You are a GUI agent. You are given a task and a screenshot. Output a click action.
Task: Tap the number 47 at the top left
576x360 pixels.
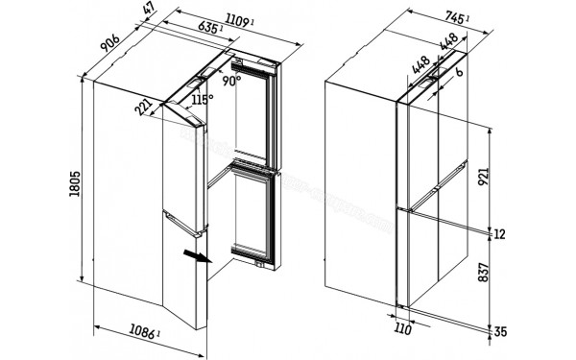(149, 12)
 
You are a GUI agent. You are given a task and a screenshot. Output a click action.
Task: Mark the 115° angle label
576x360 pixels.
(201, 99)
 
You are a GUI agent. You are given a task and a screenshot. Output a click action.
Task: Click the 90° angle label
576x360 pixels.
(230, 82)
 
